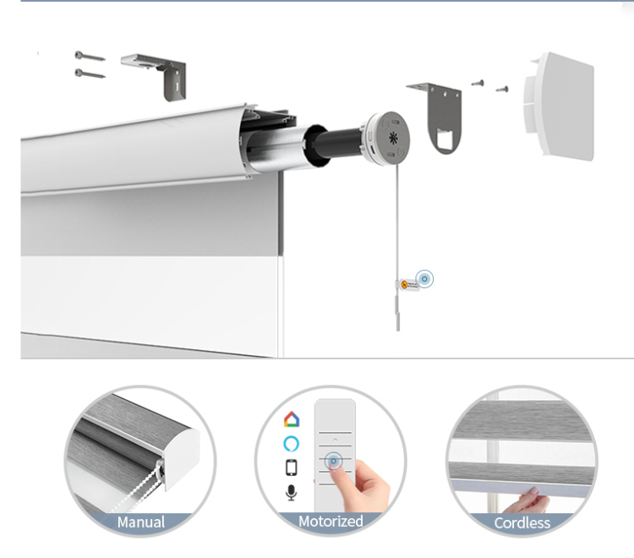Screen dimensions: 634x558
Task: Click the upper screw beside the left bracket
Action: [x=90, y=56]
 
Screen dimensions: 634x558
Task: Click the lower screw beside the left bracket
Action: [x=90, y=74]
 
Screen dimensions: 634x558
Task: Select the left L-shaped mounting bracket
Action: [x=154, y=75]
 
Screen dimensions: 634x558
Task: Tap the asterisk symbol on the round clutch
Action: [x=393, y=138]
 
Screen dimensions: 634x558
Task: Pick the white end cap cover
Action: [x=560, y=106]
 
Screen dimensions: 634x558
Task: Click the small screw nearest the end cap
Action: [x=502, y=89]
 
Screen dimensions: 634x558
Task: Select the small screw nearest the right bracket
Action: [x=478, y=83]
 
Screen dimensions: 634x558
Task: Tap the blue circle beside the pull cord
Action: [x=424, y=279]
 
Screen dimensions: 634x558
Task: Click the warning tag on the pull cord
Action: [x=407, y=285]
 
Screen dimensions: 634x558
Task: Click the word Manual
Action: [x=141, y=522]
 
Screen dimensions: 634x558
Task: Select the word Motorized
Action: [x=331, y=521]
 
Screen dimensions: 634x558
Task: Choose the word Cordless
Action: [x=522, y=522]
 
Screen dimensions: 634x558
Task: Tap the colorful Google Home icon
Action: [x=292, y=419]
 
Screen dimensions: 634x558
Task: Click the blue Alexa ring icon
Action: [x=291, y=444]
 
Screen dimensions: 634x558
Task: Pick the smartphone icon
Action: [x=292, y=468]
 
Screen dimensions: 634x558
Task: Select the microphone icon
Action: [x=291, y=493]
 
